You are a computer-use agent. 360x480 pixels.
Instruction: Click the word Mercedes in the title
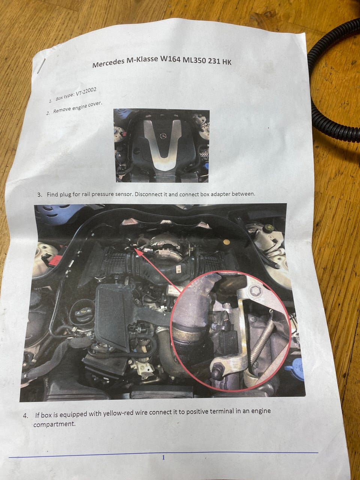[108, 64]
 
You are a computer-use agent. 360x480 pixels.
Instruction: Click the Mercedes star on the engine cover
[163, 135]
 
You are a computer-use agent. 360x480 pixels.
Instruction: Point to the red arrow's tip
[133, 249]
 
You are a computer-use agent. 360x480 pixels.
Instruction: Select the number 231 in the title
[213, 61]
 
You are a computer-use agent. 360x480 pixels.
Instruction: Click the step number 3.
[39, 195]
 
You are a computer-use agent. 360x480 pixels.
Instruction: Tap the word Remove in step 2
[61, 110]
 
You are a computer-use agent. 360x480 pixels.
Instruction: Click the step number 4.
[25, 415]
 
